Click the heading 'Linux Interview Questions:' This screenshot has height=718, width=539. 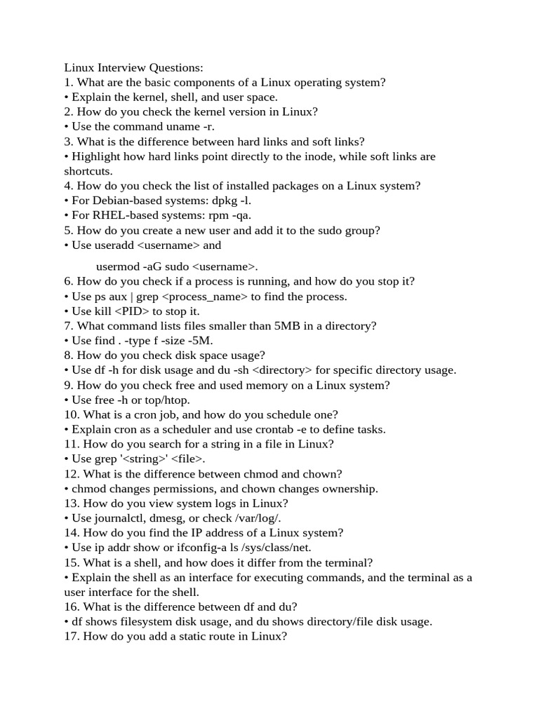(133, 67)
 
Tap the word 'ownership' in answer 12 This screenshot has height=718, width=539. (348, 489)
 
